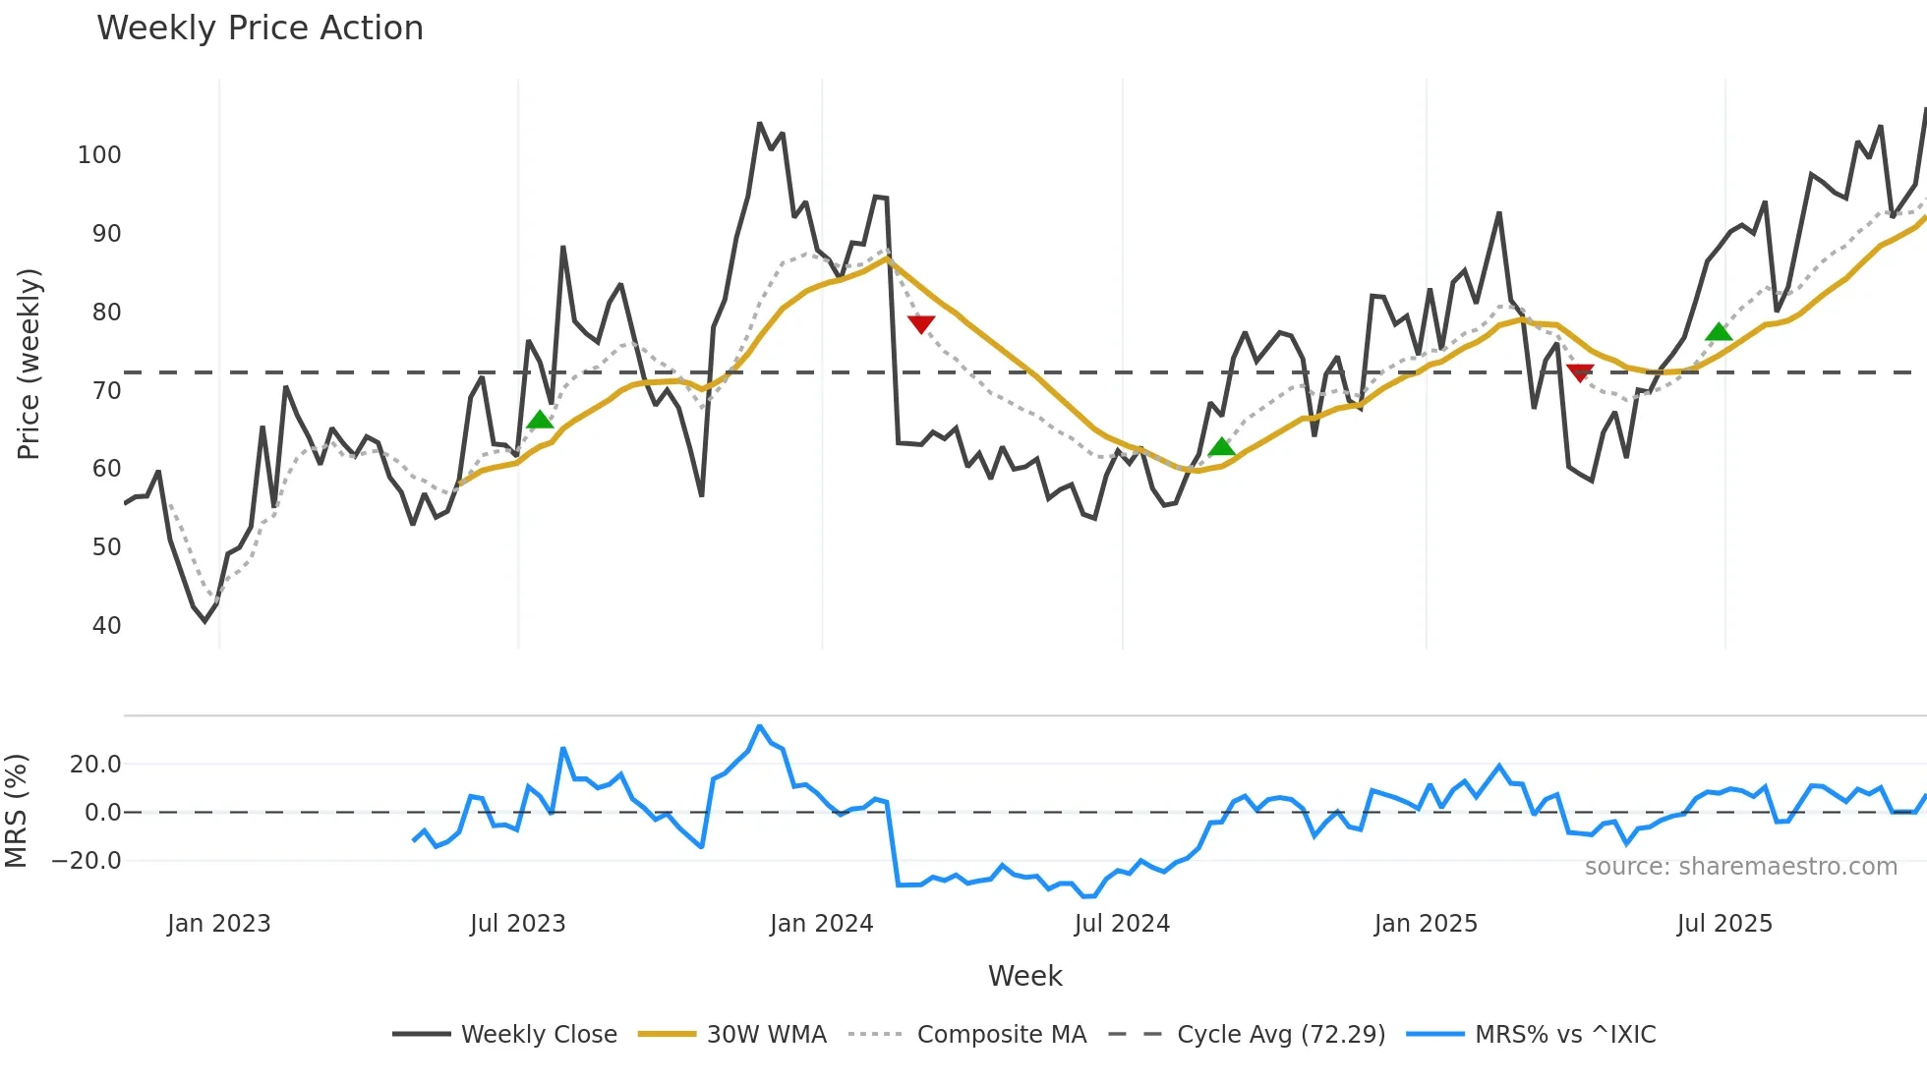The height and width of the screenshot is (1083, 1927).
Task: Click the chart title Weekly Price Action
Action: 260,28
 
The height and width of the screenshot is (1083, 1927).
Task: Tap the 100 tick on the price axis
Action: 99,155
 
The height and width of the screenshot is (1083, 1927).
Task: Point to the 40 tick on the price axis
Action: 106,626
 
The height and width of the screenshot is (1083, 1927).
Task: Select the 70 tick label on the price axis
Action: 106,391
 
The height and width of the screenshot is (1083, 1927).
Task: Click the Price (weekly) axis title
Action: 29,364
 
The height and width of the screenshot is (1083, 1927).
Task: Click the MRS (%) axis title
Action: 17,811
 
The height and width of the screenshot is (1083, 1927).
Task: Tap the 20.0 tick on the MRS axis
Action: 95,765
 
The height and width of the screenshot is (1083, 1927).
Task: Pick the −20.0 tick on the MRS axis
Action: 87,861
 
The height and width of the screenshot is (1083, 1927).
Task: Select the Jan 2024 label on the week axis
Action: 821,924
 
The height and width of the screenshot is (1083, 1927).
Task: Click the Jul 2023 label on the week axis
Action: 517,924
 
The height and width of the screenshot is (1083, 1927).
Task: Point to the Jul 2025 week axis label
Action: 1724,924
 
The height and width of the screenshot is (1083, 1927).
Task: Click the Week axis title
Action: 1024,976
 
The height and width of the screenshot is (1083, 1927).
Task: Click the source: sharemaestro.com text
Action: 1740,867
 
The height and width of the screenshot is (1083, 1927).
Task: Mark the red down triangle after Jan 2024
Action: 921,323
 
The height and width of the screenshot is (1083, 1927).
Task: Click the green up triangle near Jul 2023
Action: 540,421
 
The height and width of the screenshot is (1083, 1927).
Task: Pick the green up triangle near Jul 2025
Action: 1719,332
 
